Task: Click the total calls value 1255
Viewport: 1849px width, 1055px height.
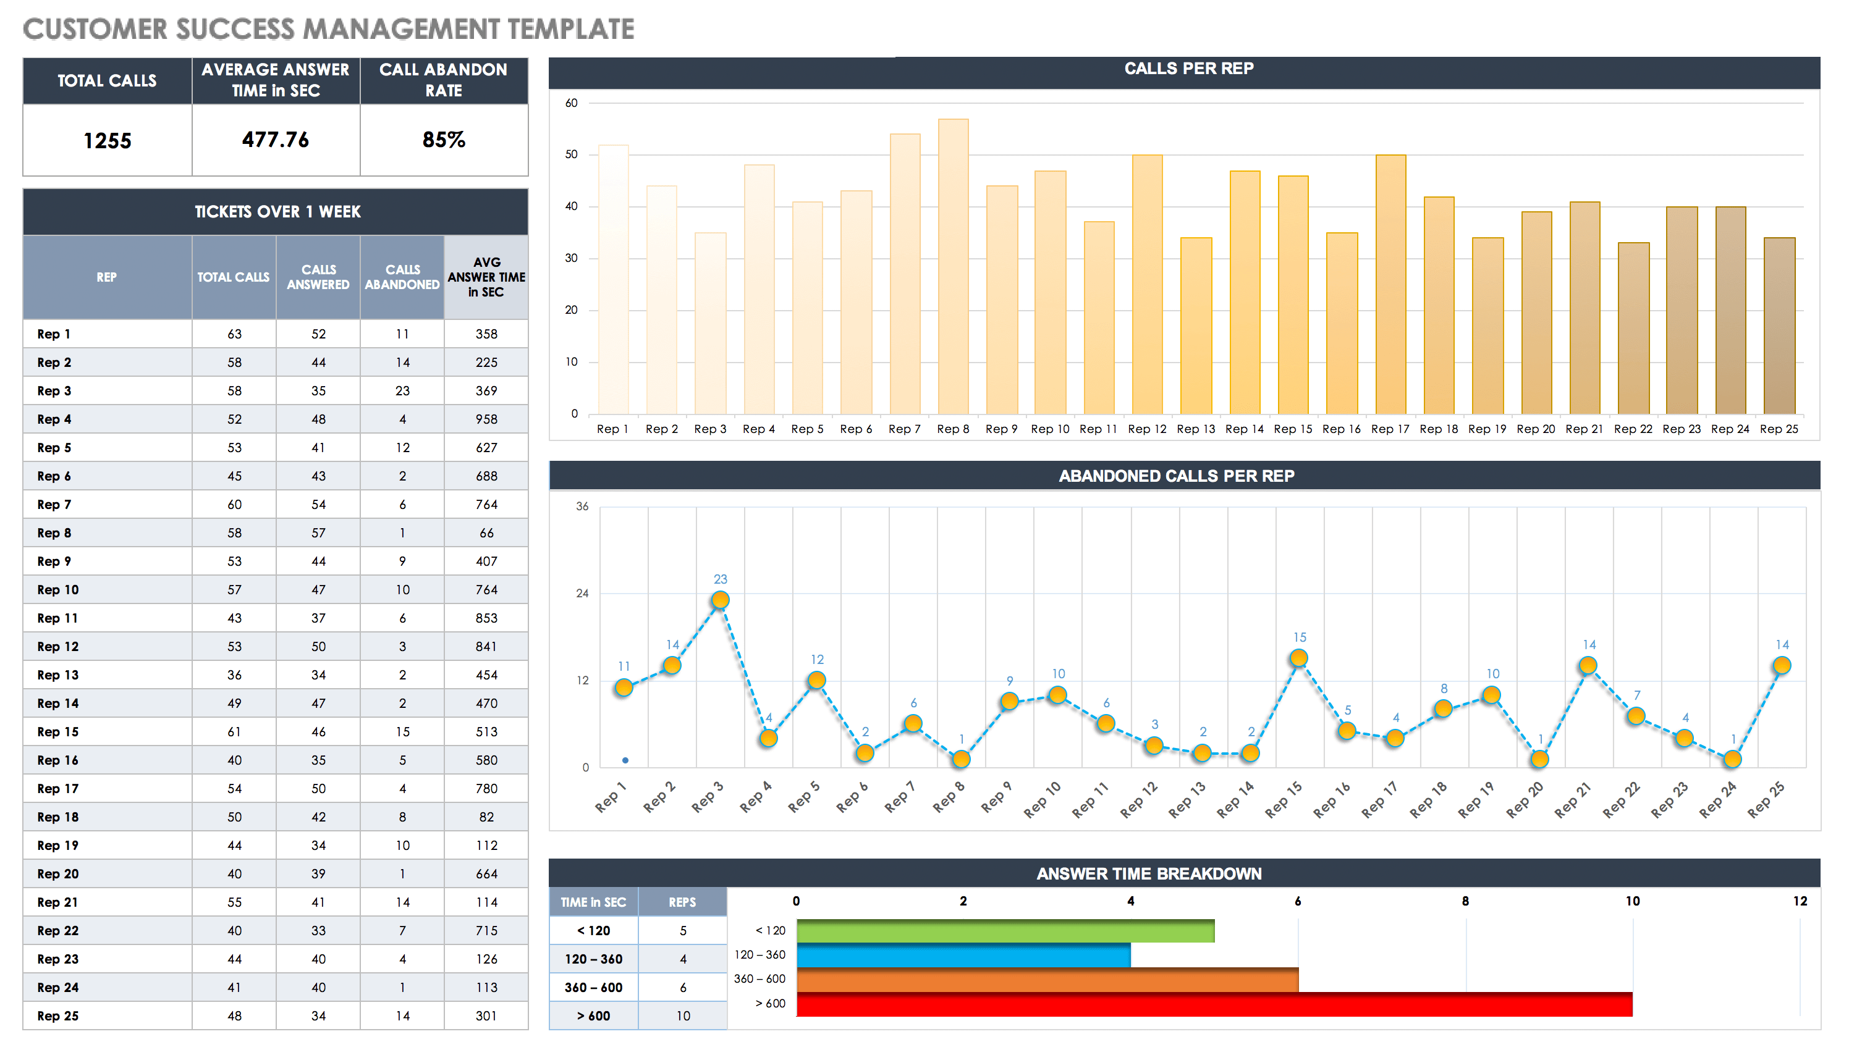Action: tap(108, 141)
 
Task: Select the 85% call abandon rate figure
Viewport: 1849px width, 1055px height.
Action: tap(444, 139)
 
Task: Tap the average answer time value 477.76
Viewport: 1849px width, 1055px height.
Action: tap(276, 139)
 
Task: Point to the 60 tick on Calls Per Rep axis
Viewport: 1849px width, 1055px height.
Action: tap(571, 103)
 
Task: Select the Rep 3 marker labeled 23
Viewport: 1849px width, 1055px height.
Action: tap(720, 600)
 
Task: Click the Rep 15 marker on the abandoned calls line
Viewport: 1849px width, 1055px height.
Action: tap(1298, 658)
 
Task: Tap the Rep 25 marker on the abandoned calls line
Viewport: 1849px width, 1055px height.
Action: tap(1781, 665)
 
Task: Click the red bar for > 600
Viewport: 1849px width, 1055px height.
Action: tap(1214, 1004)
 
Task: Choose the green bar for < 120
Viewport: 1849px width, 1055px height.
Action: tap(1005, 931)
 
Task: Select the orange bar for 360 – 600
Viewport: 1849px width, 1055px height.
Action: tap(1047, 980)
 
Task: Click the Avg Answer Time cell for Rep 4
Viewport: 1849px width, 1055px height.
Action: tap(486, 419)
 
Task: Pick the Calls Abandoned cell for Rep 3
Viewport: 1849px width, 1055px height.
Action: tap(402, 390)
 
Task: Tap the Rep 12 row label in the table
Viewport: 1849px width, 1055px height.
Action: tap(58, 646)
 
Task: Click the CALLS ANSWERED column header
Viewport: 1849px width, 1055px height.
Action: tap(318, 277)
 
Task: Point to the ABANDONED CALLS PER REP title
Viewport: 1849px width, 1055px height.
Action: tap(1175, 476)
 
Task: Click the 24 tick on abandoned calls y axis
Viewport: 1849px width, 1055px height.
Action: tap(582, 594)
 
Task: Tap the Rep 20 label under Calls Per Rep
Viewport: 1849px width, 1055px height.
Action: tap(1535, 429)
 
